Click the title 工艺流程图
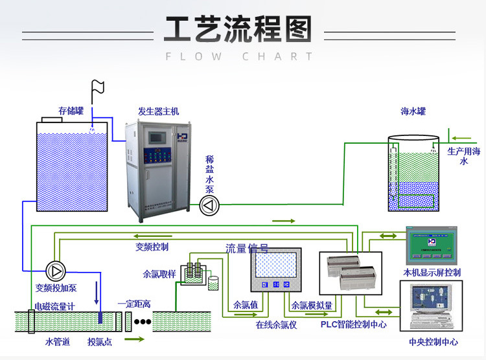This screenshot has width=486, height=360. [238, 30]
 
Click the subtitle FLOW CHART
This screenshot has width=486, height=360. [239, 56]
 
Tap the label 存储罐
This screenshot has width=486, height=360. [71, 111]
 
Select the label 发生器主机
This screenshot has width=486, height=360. [159, 111]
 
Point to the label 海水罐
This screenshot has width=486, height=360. [413, 111]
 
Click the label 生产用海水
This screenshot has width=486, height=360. [464, 156]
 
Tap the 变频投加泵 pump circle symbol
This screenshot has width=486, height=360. [55, 269]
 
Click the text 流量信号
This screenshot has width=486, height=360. [247, 248]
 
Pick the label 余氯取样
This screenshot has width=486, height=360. [159, 274]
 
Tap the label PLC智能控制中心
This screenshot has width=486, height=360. [354, 324]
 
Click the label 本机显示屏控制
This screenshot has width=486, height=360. [432, 273]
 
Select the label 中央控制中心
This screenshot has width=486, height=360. [434, 342]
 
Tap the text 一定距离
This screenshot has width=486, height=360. [134, 304]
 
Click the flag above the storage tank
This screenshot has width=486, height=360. [98, 87]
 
